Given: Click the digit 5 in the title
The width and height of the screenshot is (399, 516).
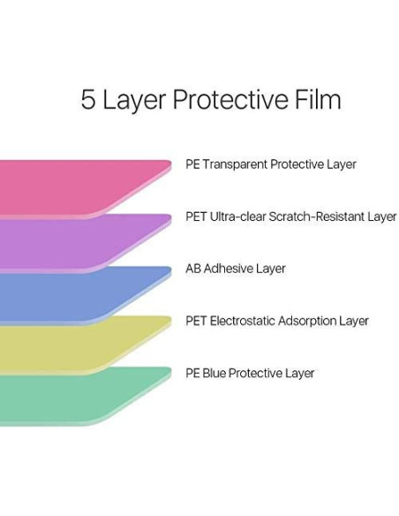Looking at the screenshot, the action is (x=88, y=99).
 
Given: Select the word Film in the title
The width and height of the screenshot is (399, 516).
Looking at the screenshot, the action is (x=318, y=98).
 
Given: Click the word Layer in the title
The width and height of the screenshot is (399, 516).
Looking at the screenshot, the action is (x=134, y=101).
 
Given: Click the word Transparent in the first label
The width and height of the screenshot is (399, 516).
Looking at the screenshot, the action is (x=236, y=164).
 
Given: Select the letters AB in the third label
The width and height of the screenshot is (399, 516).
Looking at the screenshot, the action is (x=193, y=269).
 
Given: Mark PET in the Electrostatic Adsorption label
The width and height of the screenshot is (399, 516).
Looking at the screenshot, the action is (x=196, y=321).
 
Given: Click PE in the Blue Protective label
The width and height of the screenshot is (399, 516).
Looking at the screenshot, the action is (x=192, y=373).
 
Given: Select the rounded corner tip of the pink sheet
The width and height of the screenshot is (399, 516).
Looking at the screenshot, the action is (x=169, y=163).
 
